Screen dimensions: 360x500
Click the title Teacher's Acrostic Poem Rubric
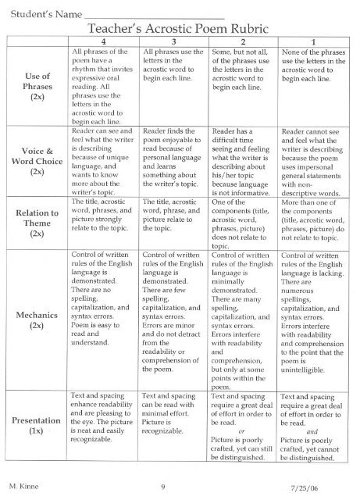(185, 27)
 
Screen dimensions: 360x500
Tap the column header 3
(173, 40)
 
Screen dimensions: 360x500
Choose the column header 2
(243, 40)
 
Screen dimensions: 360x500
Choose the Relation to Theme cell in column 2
(243, 222)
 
